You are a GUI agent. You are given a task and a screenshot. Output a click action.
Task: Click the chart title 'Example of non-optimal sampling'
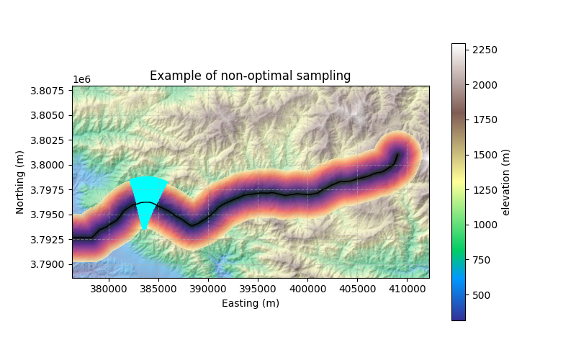[250, 76]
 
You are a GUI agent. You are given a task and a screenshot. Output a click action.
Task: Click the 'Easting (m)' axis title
[250, 303]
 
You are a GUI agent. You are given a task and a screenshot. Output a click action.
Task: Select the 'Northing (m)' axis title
[20, 182]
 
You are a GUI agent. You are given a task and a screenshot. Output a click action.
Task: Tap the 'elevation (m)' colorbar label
[505, 182]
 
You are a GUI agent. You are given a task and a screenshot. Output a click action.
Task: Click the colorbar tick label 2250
[484, 50]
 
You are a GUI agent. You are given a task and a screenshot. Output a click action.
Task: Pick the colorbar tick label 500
[481, 295]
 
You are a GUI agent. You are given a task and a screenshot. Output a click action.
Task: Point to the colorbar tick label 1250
[484, 190]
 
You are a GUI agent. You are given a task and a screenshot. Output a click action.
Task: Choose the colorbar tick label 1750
[484, 120]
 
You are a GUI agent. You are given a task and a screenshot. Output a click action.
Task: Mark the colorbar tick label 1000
[484, 225]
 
